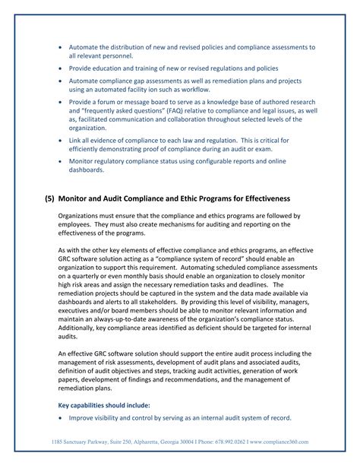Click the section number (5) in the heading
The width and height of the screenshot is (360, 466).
click(50, 198)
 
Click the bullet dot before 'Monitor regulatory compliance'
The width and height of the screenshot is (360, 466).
click(61, 161)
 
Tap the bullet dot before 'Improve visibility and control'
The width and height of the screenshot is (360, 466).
click(61, 417)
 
